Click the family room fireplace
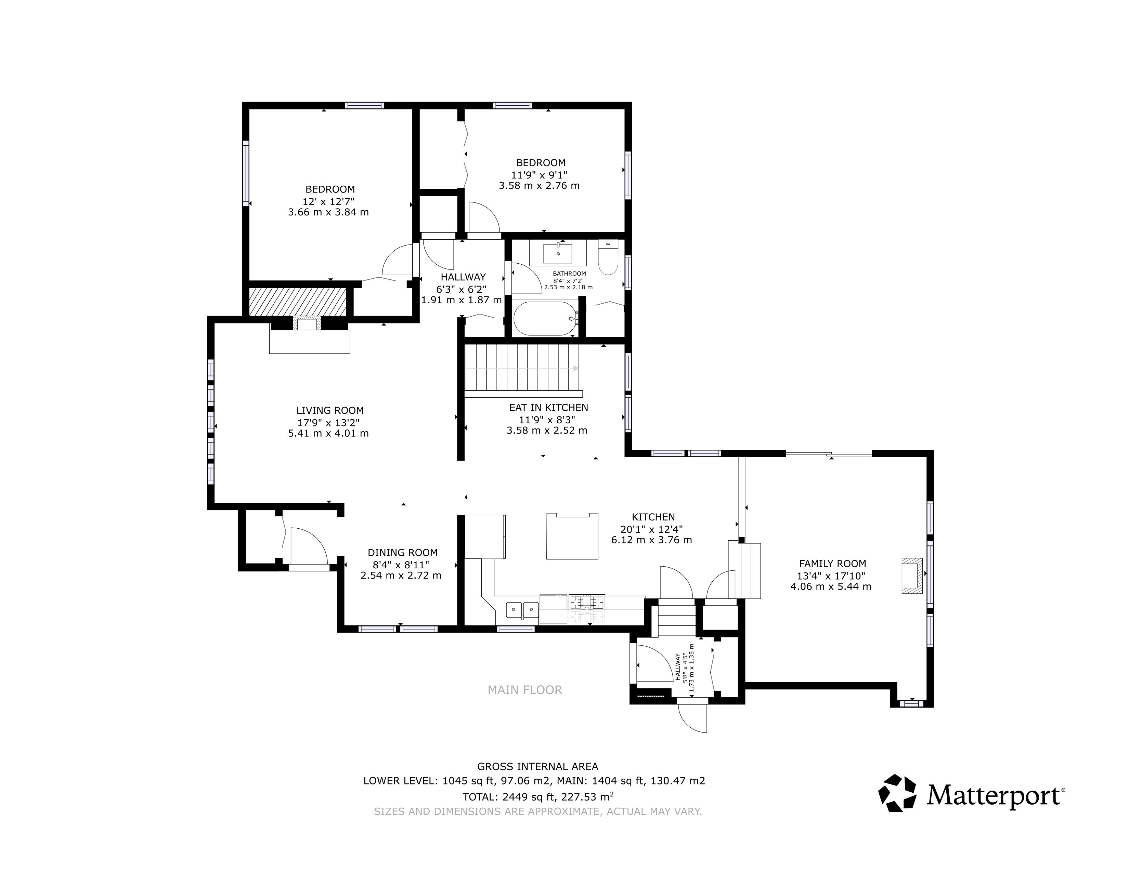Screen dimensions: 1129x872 click(x=911, y=576)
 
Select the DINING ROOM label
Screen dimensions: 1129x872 click(x=403, y=552)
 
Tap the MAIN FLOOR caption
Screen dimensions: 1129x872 click(x=525, y=690)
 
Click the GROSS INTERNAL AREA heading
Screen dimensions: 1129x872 click(x=537, y=767)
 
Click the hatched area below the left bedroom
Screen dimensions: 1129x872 click(x=297, y=302)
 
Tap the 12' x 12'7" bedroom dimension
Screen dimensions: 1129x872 click(x=329, y=201)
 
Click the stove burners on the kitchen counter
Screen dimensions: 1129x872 click(x=587, y=602)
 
